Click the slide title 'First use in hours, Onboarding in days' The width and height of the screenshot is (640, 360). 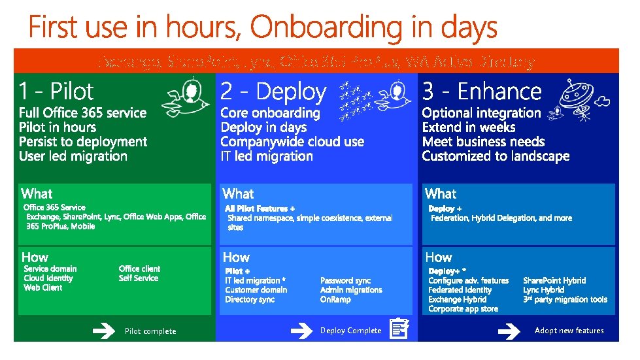(263, 28)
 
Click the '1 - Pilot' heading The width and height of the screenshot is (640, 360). (56, 91)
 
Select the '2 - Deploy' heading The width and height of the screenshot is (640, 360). (273, 91)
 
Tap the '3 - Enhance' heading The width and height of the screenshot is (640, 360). (482, 91)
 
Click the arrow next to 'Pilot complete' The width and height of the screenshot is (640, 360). (103, 331)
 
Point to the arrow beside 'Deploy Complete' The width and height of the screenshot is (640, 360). (301, 331)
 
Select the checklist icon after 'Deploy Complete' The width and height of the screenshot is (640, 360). (399, 329)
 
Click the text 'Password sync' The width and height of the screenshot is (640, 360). (345, 280)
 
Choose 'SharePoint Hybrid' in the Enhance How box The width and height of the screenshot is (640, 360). (554, 280)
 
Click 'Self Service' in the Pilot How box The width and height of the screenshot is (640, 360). (139, 278)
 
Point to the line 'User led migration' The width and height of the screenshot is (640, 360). (73, 156)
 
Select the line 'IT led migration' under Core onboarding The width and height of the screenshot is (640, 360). (267, 156)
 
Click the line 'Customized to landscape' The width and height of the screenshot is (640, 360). (496, 156)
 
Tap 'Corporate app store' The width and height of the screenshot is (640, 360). (463, 309)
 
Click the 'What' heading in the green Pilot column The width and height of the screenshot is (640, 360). (37, 193)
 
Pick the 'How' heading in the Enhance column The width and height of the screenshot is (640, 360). (438, 257)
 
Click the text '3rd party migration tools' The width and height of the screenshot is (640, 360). (565, 300)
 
